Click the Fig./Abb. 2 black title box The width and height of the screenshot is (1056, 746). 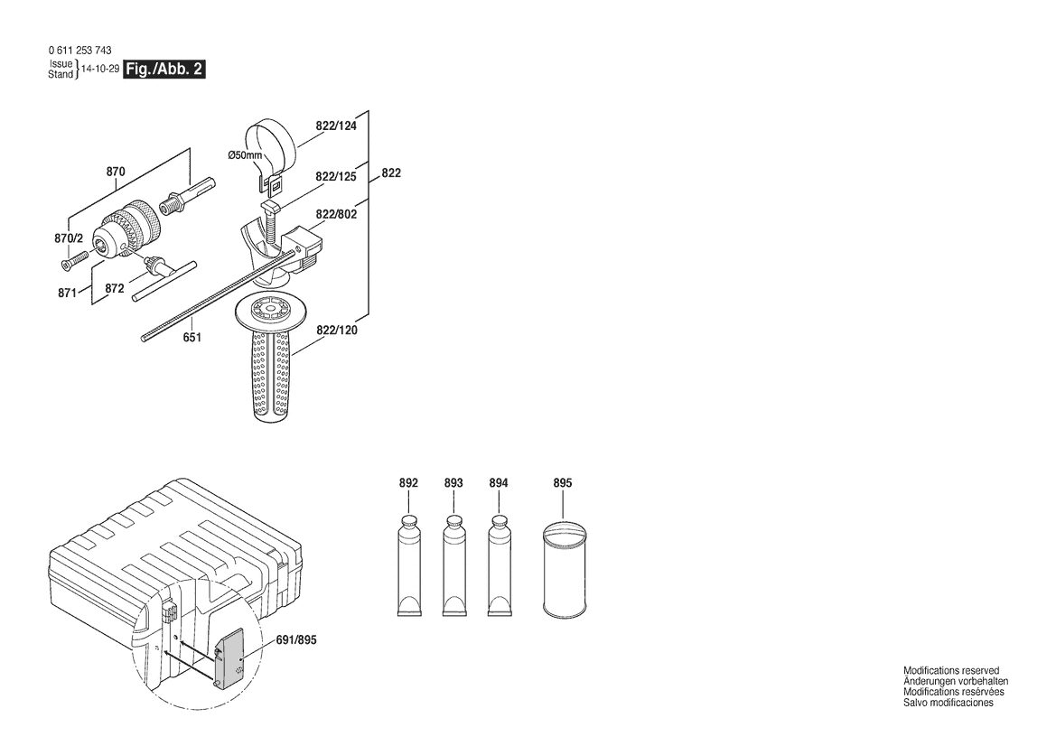click(163, 70)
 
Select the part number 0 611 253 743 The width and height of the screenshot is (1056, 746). click(80, 51)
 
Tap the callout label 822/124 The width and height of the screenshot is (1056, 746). click(336, 126)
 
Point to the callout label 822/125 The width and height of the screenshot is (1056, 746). click(335, 176)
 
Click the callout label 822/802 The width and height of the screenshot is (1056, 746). click(336, 214)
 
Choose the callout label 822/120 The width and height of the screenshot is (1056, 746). click(337, 330)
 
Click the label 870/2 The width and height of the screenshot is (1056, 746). click(69, 238)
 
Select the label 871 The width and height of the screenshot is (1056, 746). click(67, 294)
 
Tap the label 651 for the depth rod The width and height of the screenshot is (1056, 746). click(192, 337)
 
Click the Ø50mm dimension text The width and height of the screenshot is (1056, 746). click(245, 155)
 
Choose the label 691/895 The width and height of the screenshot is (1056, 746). click(296, 640)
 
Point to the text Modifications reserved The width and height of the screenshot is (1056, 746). click(951, 671)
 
